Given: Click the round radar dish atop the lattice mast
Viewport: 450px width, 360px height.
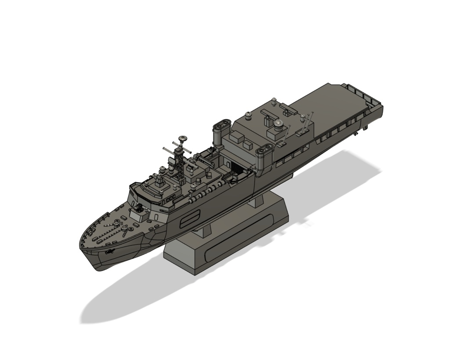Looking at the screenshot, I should click(182, 139).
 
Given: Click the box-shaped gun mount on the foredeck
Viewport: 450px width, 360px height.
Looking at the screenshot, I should click(140, 213).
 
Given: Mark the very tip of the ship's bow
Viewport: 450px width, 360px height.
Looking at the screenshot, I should click(80, 246).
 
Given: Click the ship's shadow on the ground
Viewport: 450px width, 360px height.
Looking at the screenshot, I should click(132, 295).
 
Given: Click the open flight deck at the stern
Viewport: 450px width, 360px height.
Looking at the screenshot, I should click(334, 105).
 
